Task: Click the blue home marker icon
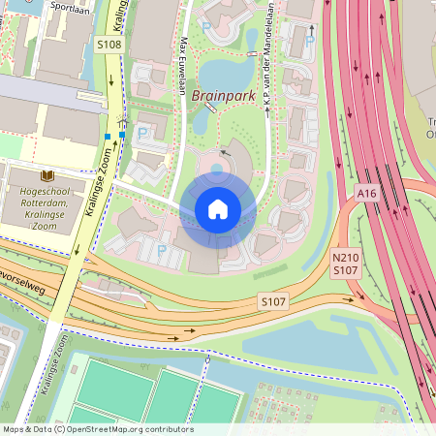pos(218,208)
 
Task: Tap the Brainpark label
pos(222,96)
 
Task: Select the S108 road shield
pos(109,45)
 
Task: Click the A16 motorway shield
pos(365,194)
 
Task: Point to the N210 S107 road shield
pos(346,264)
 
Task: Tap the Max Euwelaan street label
pos(183,65)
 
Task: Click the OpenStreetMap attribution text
pos(98,429)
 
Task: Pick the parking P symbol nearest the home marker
pos(162,250)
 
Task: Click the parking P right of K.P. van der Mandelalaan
pos(309,42)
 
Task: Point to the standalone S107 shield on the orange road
pos(273,303)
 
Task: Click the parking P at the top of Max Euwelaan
pos(205,29)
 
